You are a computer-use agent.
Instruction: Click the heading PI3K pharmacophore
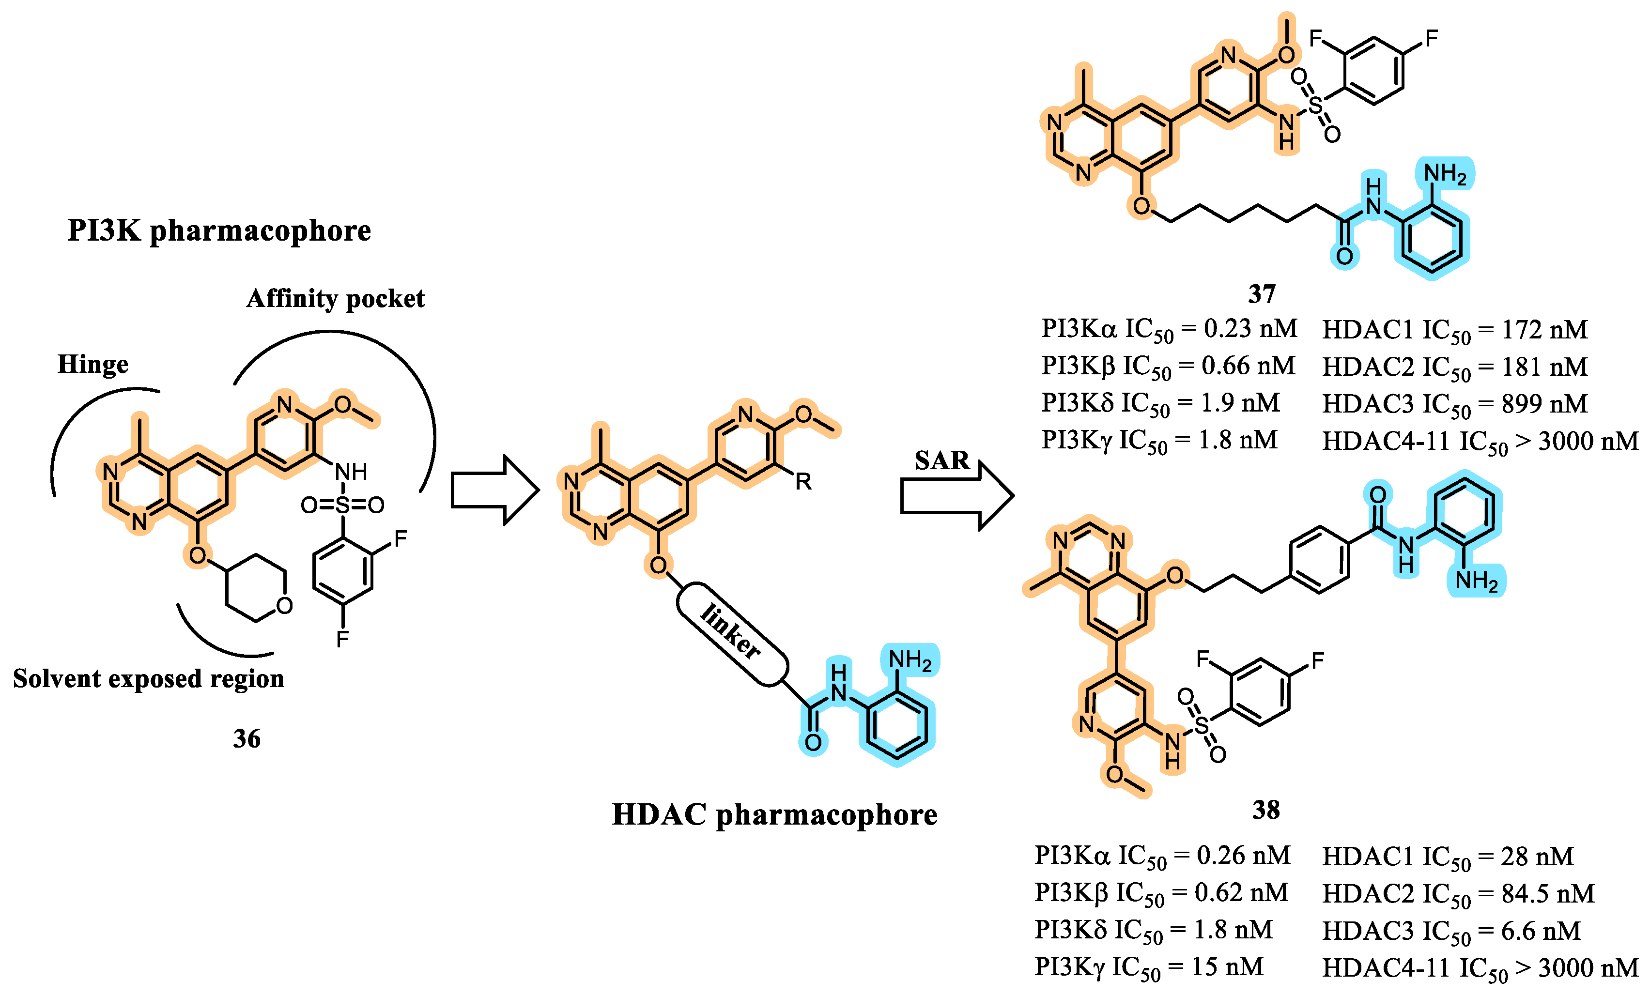219,231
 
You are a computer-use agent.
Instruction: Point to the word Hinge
93,364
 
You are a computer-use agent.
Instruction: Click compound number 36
247,739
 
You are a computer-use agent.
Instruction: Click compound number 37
1262,294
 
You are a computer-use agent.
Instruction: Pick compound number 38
1265,810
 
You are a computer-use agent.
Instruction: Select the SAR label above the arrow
941,460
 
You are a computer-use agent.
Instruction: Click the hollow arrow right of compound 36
494,490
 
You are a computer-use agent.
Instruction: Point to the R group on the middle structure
803,481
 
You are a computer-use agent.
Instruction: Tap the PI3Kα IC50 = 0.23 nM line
1169,329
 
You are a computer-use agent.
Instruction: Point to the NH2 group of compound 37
1445,175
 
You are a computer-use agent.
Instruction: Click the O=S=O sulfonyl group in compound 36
342,505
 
